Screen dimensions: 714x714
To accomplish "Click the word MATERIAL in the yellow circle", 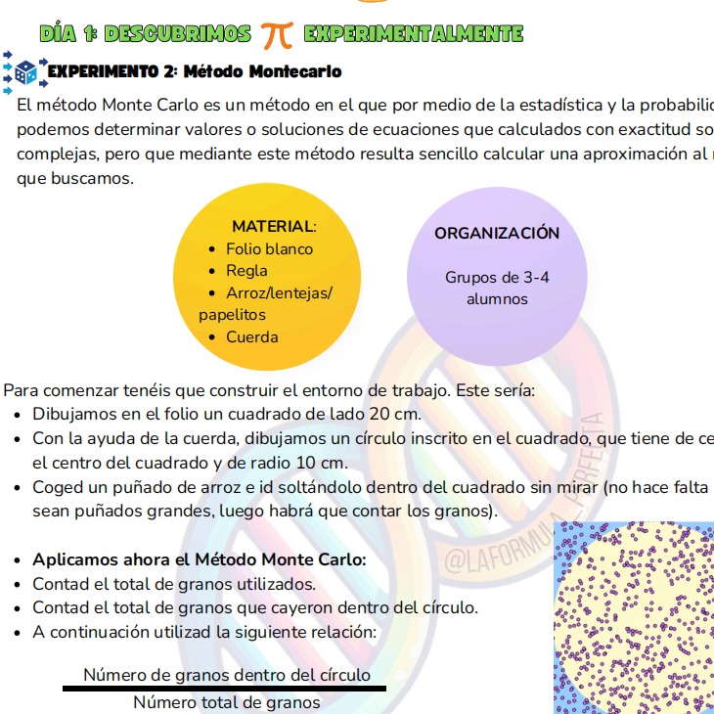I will tap(273, 226).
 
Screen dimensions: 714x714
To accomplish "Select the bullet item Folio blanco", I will tap(269, 248).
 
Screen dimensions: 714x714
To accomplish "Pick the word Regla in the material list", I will tap(246, 271).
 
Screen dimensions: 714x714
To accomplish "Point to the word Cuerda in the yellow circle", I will tap(251, 337).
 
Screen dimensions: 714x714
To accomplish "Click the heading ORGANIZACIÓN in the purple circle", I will tap(497, 233).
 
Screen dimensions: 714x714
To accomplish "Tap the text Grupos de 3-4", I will tap(497, 277).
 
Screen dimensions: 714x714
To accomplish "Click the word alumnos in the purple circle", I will tap(497, 299).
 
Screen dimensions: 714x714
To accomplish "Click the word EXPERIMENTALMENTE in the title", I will tap(414, 34).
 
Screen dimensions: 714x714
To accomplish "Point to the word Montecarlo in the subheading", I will tap(295, 71).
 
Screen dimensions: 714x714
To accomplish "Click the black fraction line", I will tap(225, 689).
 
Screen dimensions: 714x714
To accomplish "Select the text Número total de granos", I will tap(226, 702).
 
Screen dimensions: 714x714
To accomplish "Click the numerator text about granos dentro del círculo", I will tap(227, 675).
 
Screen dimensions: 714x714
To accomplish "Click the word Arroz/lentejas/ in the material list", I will tap(279, 293).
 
